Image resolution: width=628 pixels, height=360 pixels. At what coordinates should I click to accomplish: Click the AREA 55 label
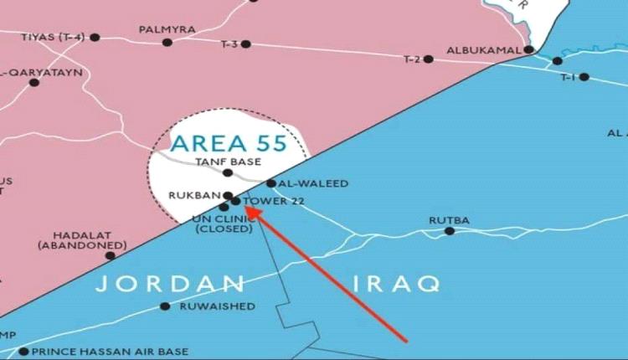[228, 141]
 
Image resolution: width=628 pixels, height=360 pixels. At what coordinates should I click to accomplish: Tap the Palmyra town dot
[167, 42]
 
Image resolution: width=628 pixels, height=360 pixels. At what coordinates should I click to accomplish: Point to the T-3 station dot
[245, 44]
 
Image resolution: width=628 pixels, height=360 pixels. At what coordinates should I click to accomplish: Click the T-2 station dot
[429, 59]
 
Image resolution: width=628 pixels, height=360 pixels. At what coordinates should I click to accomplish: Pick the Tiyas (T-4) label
[52, 37]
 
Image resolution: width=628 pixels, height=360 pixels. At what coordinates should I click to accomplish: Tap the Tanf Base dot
[228, 172]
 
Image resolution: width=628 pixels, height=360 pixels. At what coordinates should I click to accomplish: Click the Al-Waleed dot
[271, 183]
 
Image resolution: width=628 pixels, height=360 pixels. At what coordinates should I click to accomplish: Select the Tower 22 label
[274, 201]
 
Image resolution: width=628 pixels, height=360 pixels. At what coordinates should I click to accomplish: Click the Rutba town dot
[450, 230]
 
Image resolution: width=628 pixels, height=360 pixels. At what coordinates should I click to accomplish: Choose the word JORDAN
[169, 284]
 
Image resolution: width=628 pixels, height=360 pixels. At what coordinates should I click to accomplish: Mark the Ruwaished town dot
[165, 306]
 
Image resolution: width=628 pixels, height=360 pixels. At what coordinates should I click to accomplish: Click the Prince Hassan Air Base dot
[23, 352]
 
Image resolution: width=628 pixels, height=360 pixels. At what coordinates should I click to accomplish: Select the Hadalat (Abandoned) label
[81, 240]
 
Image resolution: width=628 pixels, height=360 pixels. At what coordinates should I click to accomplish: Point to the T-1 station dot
[584, 77]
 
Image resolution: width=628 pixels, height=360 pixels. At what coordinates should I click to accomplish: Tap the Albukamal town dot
[529, 49]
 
